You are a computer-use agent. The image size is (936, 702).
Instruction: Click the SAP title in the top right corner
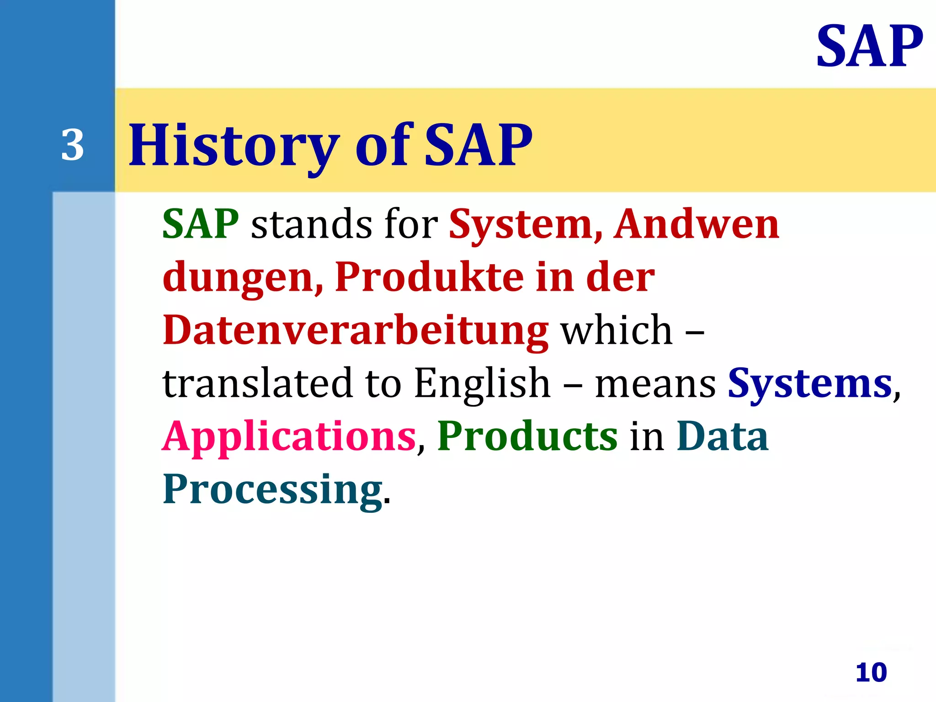tap(869, 46)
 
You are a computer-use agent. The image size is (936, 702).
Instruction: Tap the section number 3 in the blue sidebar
tap(73, 145)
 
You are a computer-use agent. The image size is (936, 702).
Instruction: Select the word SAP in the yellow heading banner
tap(478, 145)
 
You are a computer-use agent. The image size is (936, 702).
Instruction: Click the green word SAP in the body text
tap(201, 223)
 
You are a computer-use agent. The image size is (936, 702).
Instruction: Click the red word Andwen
tap(696, 223)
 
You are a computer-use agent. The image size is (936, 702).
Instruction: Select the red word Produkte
tap(429, 277)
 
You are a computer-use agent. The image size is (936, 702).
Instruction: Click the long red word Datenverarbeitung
tap(355, 330)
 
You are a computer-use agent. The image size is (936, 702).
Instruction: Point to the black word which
tap(617, 330)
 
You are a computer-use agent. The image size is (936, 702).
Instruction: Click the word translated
tap(258, 383)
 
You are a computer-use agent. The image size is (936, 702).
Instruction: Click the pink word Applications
tap(289, 437)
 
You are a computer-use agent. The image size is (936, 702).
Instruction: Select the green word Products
tap(527, 436)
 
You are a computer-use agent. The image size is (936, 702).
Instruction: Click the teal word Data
tap(722, 436)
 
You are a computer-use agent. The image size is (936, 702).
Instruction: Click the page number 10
tap(871, 672)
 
